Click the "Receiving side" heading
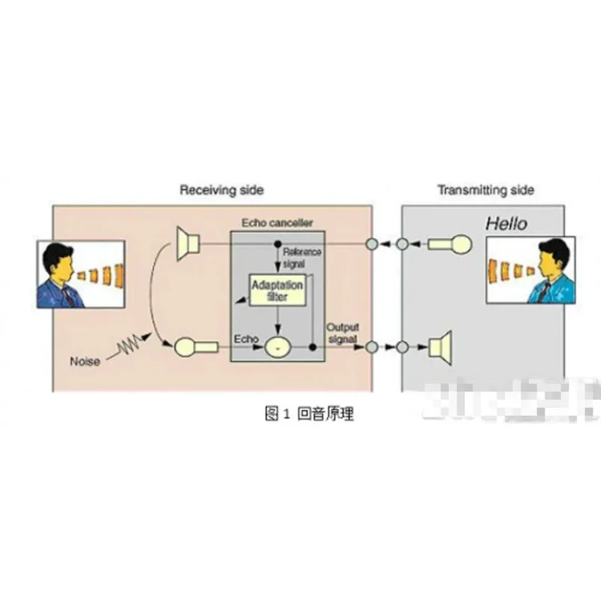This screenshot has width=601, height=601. [x=222, y=190]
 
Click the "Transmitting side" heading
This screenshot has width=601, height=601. [x=486, y=190]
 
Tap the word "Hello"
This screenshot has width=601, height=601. [x=506, y=223]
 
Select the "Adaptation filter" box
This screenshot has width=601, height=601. [x=277, y=291]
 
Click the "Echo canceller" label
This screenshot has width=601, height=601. [x=277, y=223]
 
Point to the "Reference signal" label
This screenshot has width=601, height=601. [x=301, y=256]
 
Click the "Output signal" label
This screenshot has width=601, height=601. [x=342, y=333]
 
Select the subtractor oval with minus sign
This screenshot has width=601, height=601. [x=277, y=347]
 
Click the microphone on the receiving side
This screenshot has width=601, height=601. [x=194, y=347]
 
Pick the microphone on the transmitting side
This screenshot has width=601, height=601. [x=451, y=244]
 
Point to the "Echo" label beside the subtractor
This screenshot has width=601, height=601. [x=246, y=340]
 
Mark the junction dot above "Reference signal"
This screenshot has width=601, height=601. [x=278, y=244]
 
